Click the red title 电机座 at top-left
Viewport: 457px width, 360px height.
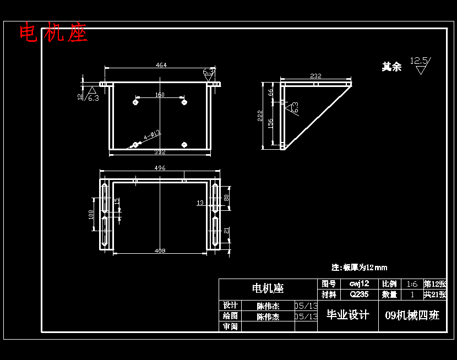click(53, 33)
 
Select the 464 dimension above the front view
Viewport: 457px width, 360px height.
click(161, 65)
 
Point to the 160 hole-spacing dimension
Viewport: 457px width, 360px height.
click(160, 95)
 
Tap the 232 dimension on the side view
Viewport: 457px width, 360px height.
click(315, 76)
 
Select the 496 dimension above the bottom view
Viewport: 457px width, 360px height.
click(160, 168)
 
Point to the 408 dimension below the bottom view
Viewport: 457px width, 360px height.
click(160, 251)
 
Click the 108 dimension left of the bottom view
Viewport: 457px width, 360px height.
click(91, 214)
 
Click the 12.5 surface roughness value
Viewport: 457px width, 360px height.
click(420, 61)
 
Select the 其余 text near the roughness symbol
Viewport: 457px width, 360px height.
click(391, 67)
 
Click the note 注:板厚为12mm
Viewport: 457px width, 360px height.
click(359, 268)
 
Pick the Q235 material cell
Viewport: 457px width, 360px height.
click(359, 294)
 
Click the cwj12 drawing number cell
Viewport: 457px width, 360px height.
click(359, 284)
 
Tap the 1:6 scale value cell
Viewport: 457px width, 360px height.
click(412, 284)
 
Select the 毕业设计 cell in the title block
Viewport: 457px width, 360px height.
click(347, 315)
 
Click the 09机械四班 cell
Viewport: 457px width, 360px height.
click(412, 315)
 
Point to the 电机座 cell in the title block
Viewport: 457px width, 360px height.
click(268, 288)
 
